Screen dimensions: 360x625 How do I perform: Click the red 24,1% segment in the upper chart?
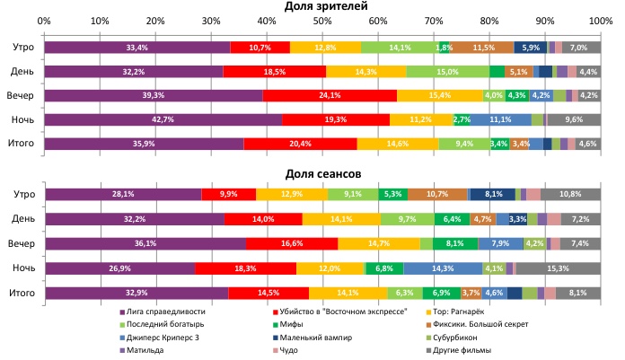click(x=330, y=95)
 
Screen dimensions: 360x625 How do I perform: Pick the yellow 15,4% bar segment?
click(x=440, y=95)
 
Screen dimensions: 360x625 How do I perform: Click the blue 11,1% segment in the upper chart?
click(x=500, y=119)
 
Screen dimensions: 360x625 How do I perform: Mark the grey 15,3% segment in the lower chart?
click(x=559, y=267)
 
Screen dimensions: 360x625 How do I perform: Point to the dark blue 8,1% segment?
click(x=493, y=193)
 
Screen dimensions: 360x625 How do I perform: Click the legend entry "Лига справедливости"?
click(x=166, y=312)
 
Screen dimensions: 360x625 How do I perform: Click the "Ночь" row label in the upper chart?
click(x=24, y=119)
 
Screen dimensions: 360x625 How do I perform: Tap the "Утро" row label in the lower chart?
click(x=24, y=194)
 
